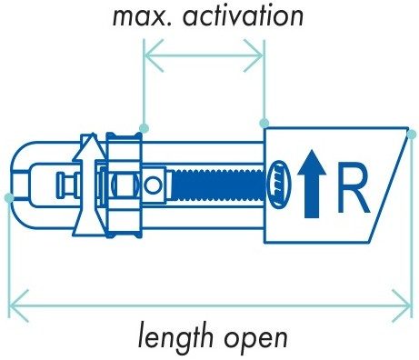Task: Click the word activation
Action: (243, 15)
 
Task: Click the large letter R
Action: (353, 188)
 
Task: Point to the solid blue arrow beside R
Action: (312, 185)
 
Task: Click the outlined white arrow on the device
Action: (90, 185)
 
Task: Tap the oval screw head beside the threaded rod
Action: (279, 185)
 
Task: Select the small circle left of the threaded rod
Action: (153, 185)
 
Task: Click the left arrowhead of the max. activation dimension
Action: (154, 55)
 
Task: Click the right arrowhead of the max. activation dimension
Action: (254, 55)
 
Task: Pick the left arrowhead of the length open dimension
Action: (19, 306)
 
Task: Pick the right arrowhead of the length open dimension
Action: (402, 306)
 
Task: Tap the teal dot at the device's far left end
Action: (9, 198)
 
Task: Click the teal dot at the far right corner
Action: (412, 135)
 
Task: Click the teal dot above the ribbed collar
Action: (144, 128)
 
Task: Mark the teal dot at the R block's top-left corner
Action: (264, 123)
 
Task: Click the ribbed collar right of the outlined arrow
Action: (125, 185)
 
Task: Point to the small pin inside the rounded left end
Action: (68, 185)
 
